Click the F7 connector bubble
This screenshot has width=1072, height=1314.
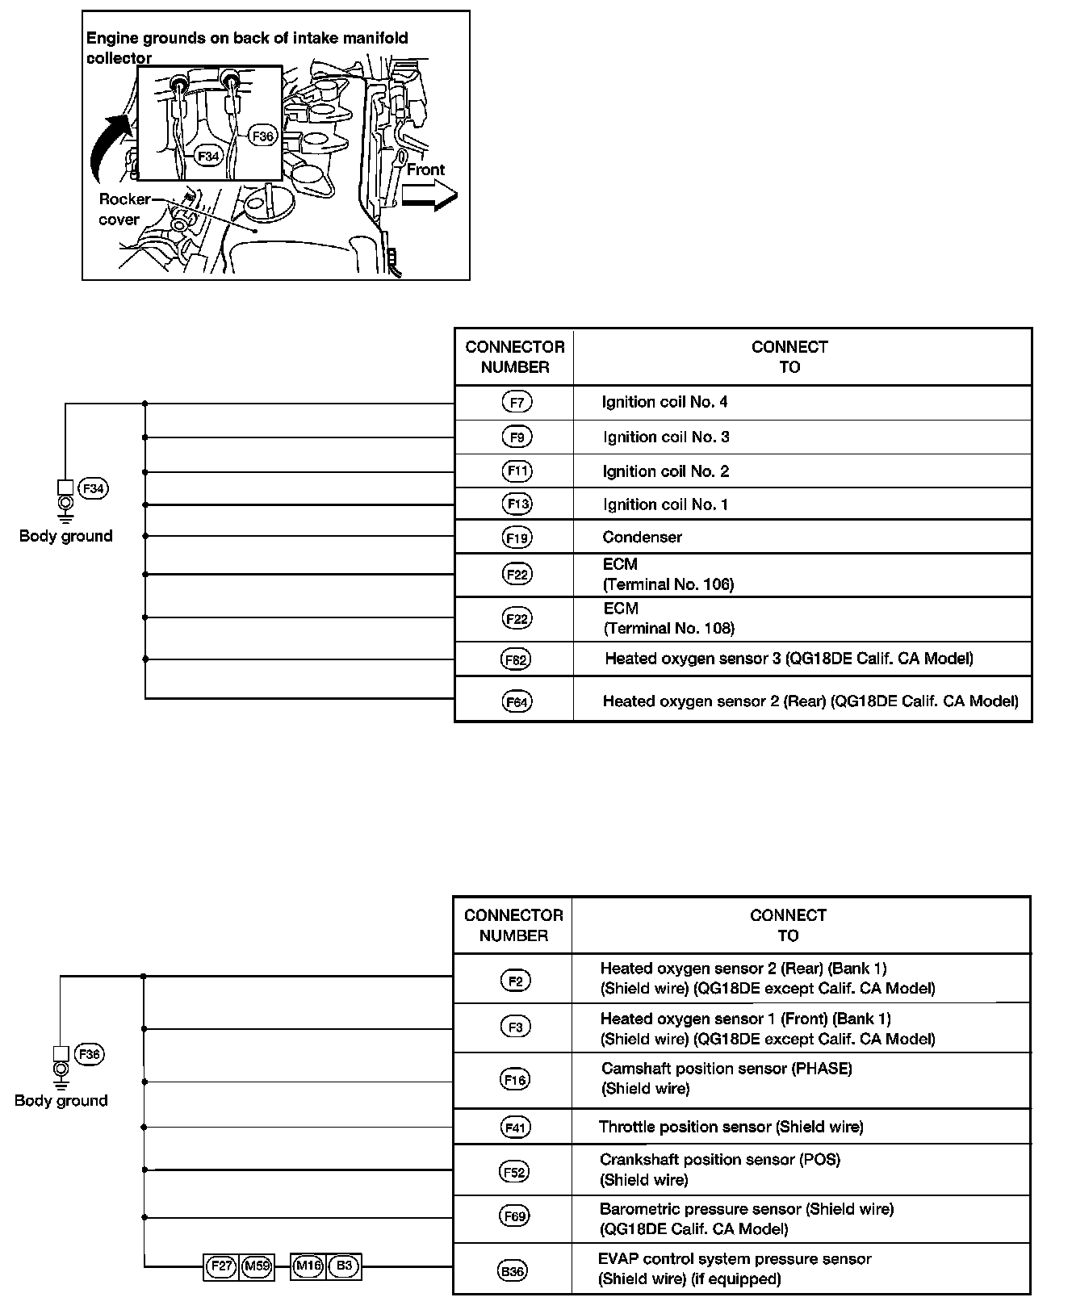click(x=517, y=402)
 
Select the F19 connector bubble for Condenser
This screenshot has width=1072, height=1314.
click(x=517, y=538)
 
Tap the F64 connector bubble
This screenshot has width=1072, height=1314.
click(x=517, y=702)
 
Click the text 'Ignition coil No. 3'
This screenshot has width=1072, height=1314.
click(x=666, y=437)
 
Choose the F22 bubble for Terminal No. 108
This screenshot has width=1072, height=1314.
click(x=517, y=619)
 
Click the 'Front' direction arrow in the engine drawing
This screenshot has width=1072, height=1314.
click(x=430, y=195)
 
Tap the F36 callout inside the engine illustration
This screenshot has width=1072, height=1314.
click(x=262, y=136)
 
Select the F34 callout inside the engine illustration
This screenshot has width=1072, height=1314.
click(x=208, y=156)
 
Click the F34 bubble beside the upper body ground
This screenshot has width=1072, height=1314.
click(x=94, y=488)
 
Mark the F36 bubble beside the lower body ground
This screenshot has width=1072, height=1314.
click(x=89, y=1054)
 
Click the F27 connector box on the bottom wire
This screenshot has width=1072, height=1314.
click(x=221, y=1266)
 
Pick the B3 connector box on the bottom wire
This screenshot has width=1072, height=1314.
click(x=344, y=1266)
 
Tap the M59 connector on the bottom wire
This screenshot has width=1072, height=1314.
click(x=258, y=1266)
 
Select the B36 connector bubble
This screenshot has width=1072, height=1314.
click(x=513, y=1271)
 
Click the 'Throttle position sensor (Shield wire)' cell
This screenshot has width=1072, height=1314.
click(x=731, y=1127)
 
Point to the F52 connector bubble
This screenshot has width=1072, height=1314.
click(x=514, y=1172)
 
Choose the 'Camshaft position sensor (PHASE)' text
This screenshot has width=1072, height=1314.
click(x=727, y=1069)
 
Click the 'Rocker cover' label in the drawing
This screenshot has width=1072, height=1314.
click(x=121, y=209)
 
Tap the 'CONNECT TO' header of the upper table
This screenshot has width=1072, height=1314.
click(x=789, y=357)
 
